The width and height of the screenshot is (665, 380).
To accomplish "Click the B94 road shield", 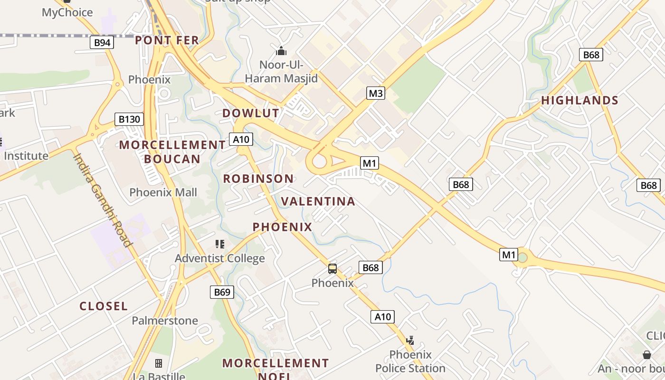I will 102,43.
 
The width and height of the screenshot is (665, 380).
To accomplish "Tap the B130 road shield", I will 129,119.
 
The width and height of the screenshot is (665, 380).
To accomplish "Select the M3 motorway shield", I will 376,93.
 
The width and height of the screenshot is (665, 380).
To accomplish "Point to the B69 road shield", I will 222,292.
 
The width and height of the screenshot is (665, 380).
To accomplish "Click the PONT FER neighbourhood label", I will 167,40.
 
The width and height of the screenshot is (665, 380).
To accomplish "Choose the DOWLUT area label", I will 251,113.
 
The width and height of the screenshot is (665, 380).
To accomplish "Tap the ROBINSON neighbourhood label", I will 258,179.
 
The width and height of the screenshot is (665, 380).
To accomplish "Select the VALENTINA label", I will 318,201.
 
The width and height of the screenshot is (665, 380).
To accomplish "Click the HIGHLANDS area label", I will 579,100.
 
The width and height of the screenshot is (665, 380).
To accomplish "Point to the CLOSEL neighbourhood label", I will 104,306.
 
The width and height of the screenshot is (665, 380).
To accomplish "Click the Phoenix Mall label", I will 163,192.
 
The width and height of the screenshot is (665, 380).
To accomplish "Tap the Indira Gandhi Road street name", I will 102,199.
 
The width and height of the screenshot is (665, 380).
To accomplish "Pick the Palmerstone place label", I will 165,321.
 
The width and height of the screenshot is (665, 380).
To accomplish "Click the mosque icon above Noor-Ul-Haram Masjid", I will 281,50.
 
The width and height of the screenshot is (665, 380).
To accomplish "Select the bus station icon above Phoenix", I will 332,269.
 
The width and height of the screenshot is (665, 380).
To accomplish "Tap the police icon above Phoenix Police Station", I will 410,340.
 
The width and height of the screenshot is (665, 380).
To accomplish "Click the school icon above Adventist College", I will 219,244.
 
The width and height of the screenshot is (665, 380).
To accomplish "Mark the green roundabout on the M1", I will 522,258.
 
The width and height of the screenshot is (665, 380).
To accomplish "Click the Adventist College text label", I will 220,258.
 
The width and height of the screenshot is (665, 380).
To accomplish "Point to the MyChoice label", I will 67,12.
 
